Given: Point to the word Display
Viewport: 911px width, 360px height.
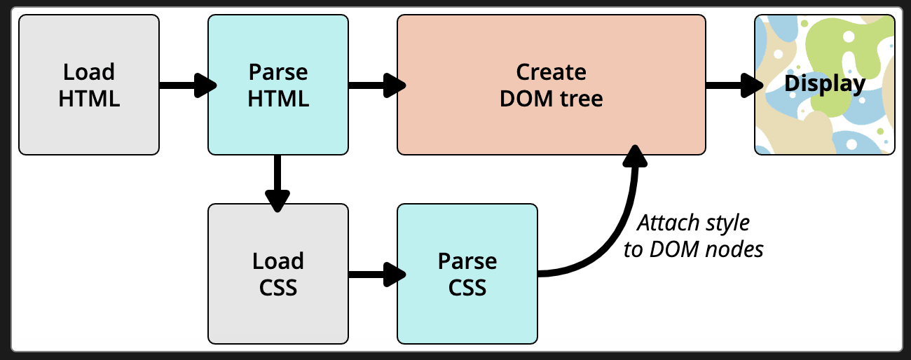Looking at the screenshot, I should [824, 84].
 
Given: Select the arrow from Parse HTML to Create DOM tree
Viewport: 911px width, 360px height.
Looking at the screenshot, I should [375, 85].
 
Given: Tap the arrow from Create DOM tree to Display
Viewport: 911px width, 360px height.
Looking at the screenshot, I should [732, 85].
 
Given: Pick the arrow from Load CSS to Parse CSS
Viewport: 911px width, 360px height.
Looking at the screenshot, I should [375, 273].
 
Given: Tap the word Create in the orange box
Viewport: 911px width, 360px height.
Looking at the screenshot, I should [552, 72].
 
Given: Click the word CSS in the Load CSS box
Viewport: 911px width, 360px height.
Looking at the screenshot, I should [278, 287].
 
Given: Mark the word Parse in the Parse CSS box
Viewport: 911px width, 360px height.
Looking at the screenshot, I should [467, 261].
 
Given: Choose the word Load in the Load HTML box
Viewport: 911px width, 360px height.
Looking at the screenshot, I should [89, 72].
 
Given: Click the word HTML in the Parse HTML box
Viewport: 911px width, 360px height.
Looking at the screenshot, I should [278, 99].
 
